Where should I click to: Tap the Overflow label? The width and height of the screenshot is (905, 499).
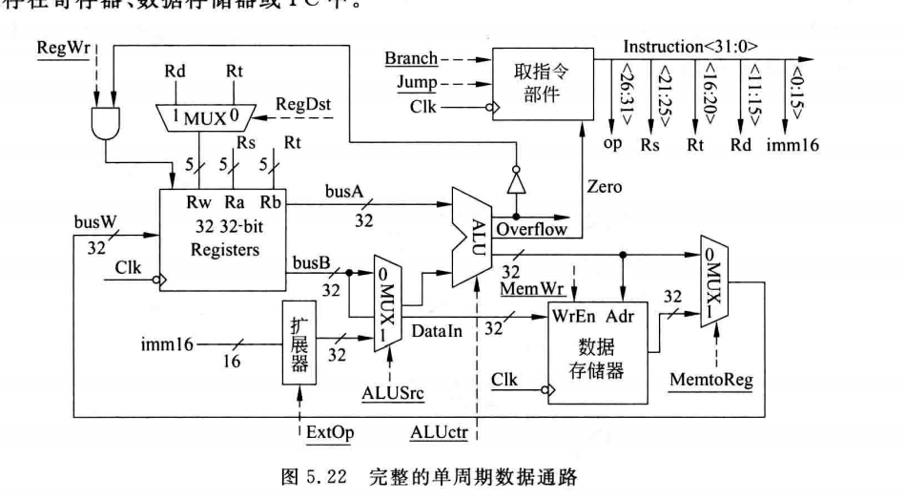click(x=530, y=230)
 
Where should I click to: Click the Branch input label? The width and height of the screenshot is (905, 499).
click(x=410, y=58)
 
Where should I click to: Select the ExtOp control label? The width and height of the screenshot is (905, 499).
click(x=330, y=432)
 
